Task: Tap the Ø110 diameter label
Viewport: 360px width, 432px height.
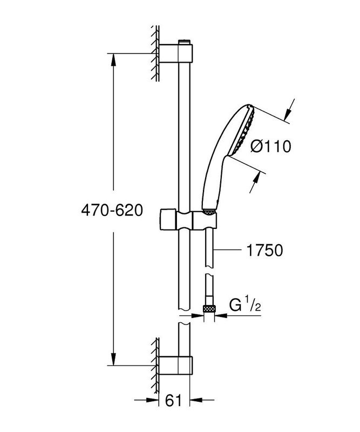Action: point(271,146)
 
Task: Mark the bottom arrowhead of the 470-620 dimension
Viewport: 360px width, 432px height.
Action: point(113,361)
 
